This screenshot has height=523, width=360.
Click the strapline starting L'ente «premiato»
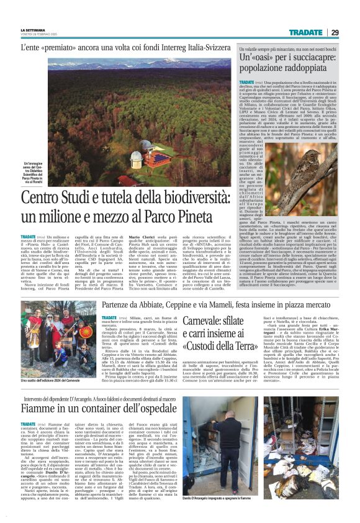click(x=124, y=47)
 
